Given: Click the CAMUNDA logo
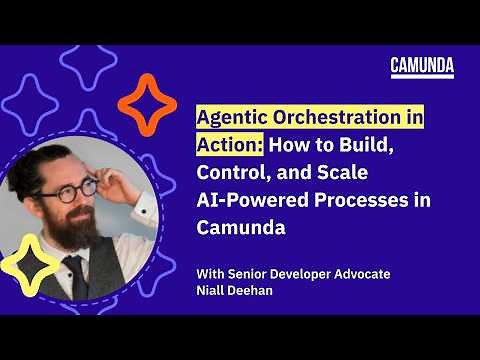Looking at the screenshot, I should click(x=421, y=67).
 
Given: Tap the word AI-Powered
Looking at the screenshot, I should click(x=251, y=200).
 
